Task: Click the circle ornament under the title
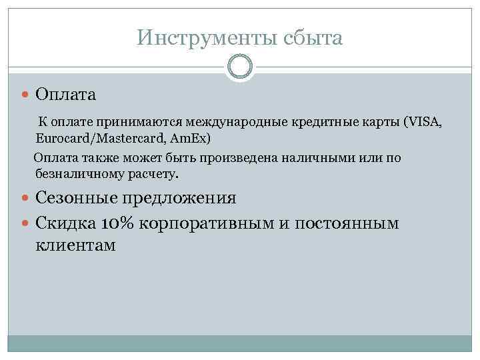click(x=240, y=68)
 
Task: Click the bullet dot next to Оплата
click(x=26, y=95)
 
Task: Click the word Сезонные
click(x=79, y=198)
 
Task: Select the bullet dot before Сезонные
click(x=26, y=199)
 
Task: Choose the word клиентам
click(x=75, y=245)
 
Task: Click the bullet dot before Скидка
click(x=26, y=223)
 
